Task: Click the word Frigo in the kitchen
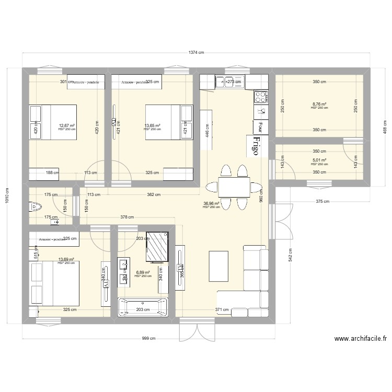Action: (256, 145)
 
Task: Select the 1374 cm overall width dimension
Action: (196, 53)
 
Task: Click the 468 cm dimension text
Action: (385, 127)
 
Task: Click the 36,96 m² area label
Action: (211, 204)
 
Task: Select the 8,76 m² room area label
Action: (319, 105)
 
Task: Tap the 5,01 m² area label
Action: (319, 160)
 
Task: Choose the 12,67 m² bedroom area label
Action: (66, 125)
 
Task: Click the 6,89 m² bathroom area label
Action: (143, 272)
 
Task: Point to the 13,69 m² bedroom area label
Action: (66, 259)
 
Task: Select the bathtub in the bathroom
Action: (143, 306)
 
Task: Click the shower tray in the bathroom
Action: (158, 246)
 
